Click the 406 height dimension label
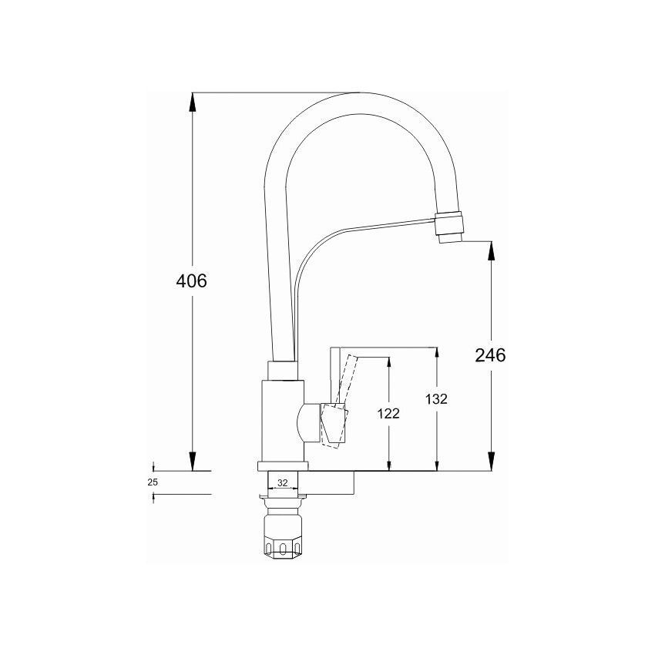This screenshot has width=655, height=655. [x=191, y=280]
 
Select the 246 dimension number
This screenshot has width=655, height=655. [x=490, y=355]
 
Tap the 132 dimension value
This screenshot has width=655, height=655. [x=436, y=399]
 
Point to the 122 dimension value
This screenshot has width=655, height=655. [x=388, y=414]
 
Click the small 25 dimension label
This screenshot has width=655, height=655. [x=153, y=482]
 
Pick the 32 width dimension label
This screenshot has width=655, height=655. [x=283, y=482]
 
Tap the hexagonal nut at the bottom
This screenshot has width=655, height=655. [x=283, y=542]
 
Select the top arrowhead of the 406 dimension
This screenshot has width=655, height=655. [x=192, y=102]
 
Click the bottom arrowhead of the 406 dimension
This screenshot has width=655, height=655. [x=192, y=461]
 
